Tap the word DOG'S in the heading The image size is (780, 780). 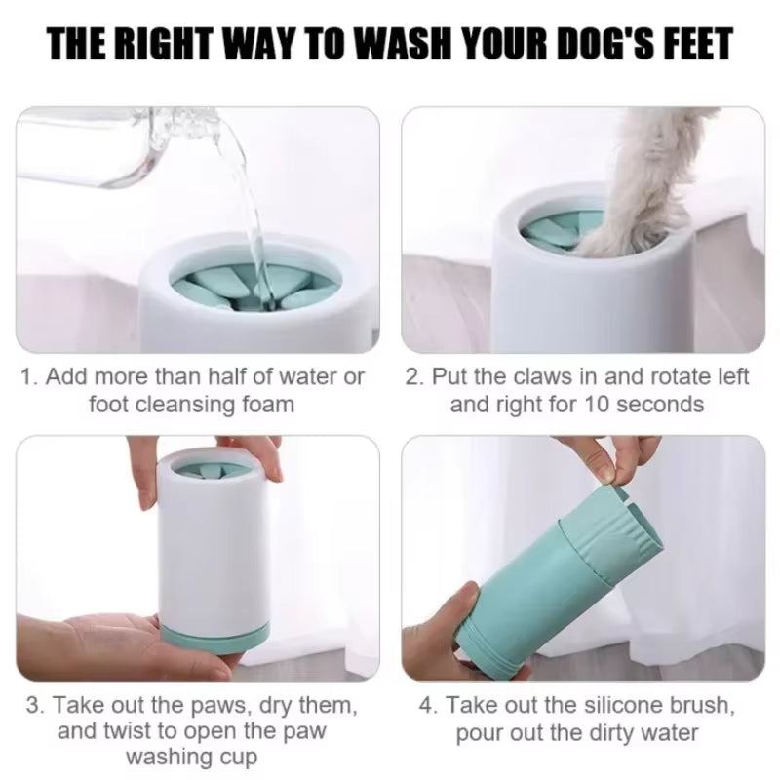[x=597, y=45]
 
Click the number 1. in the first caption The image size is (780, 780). [x=30, y=376]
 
